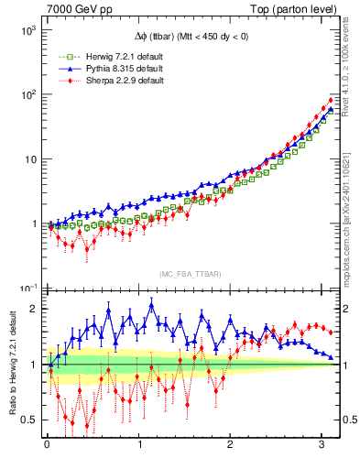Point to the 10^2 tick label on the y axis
point(27,94)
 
